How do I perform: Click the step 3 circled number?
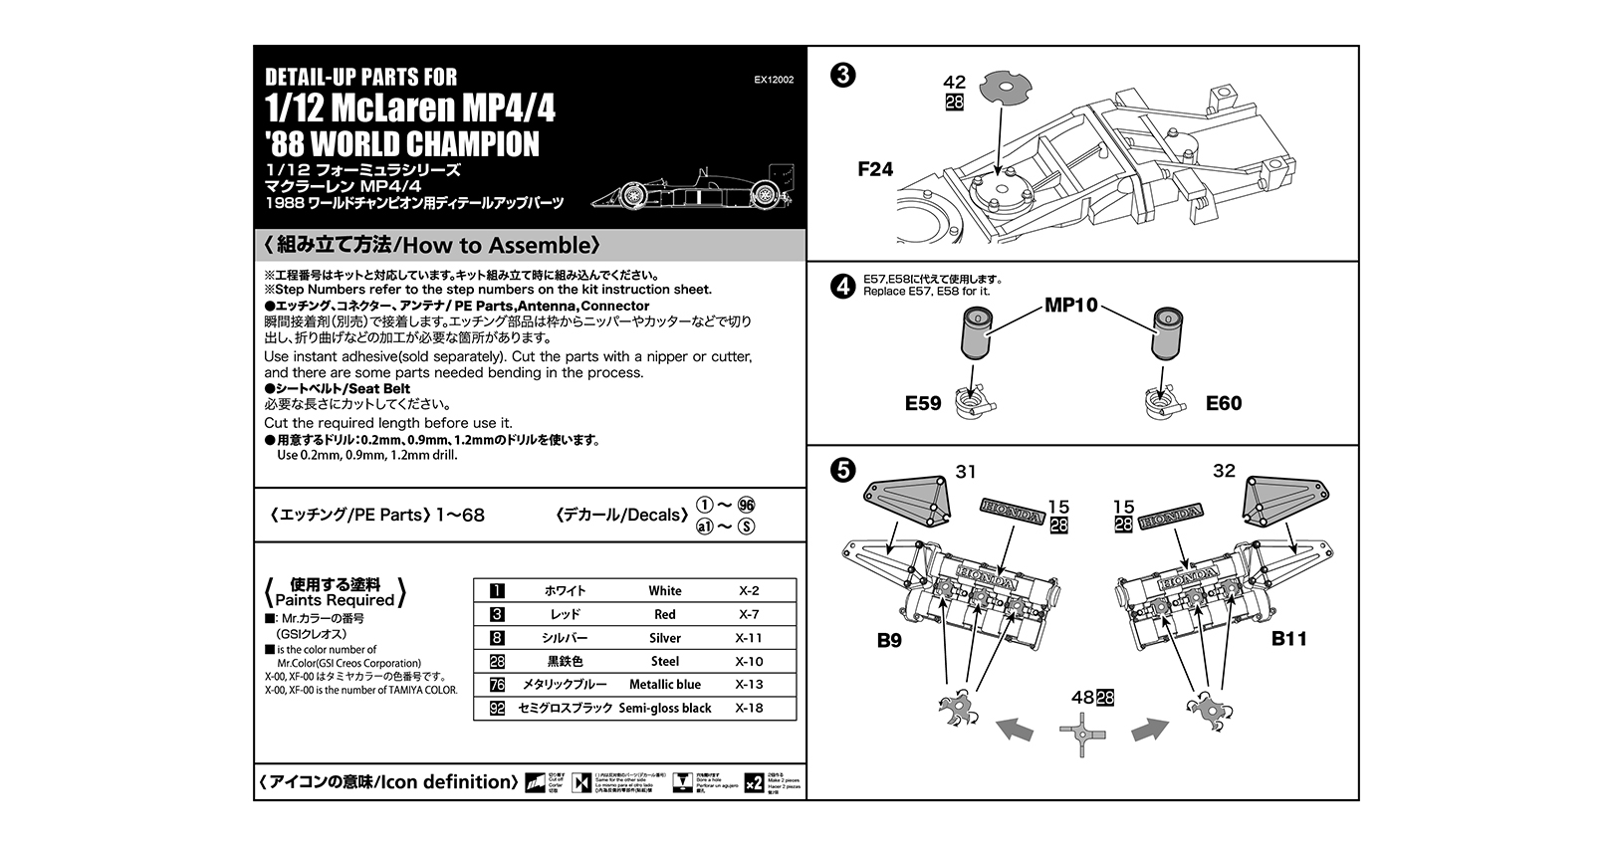842,76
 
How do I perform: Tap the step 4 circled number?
842,287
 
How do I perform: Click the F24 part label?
875,169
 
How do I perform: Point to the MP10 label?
1070,306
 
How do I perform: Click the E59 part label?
923,403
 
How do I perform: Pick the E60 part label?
1224,403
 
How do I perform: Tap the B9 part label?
889,640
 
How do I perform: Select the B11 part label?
1288,639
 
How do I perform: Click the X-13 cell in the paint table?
749,685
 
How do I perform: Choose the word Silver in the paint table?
664,638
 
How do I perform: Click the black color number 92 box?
498,709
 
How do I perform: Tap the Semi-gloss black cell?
664,709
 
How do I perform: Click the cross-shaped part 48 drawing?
1082,736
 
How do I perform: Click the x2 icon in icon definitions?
754,782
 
